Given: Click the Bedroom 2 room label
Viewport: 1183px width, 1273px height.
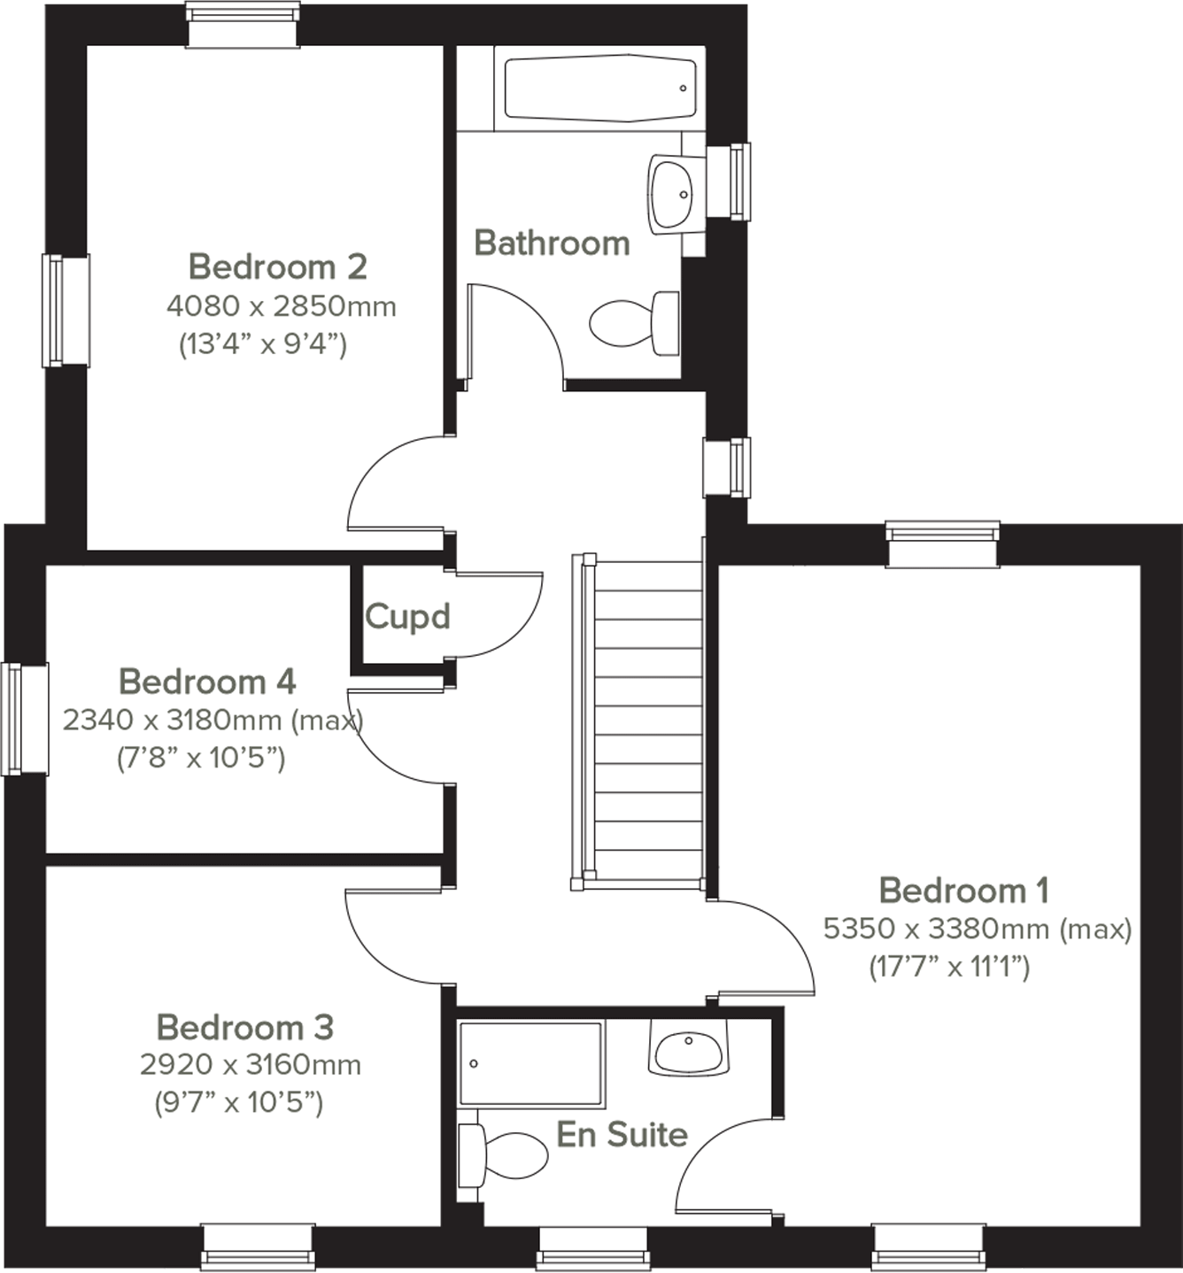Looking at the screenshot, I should tap(277, 266).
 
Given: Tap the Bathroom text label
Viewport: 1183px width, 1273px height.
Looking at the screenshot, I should tap(552, 243).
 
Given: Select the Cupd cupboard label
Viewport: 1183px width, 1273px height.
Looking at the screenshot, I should tap(407, 616).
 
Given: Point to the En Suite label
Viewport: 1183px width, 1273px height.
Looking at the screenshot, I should tap(622, 1134).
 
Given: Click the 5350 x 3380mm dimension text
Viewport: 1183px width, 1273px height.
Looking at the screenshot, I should tap(977, 929).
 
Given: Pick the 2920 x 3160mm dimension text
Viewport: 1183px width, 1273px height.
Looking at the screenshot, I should tap(251, 1064).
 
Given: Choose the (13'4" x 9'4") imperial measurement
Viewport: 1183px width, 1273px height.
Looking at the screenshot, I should tap(263, 343).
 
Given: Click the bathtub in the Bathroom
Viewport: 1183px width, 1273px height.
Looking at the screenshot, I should tap(599, 88).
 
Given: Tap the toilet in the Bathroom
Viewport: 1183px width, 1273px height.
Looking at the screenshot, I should tap(633, 323).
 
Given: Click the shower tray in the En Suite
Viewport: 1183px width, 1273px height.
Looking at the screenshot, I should tap(531, 1064).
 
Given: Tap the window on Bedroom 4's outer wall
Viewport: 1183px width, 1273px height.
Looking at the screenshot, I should tap(25, 719).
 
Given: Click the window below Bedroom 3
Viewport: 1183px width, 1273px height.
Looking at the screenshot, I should tap(258, 1247).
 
